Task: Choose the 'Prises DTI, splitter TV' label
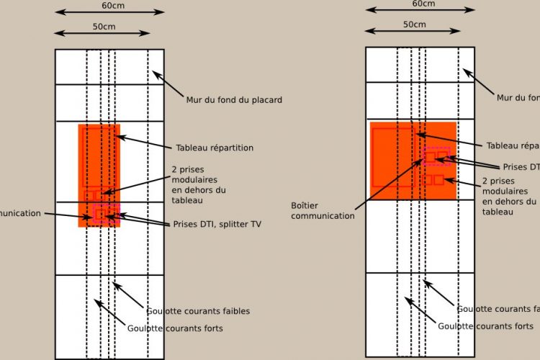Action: (x=217, y=224)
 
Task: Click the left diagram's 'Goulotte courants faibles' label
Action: (x=198, y=311)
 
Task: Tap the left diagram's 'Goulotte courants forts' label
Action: (x=175, y=328)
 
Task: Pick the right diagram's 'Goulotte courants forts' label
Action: (x=487, y=325)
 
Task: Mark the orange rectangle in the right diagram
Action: (x=413, y=160)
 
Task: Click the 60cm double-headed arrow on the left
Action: (x=109, y=13)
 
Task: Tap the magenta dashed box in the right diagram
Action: (x=437, y=156)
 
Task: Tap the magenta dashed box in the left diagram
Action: (x=106, y=213)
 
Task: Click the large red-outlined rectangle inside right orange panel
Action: (x=392, y=156)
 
